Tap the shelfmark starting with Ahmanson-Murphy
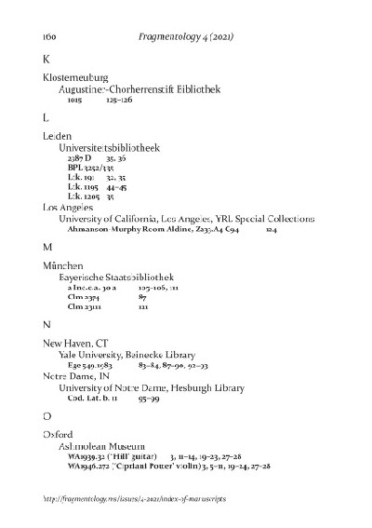[x=154, y=228]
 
